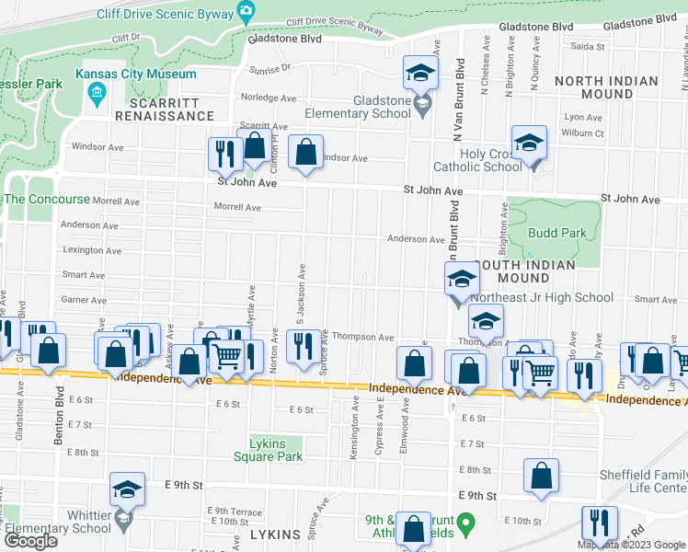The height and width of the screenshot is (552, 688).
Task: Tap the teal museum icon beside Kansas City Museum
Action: point(96,92)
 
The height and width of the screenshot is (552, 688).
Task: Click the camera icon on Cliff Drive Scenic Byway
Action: point(246,11)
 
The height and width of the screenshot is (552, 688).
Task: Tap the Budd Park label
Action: point(557,233)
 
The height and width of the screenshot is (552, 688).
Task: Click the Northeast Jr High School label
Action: point(542,297)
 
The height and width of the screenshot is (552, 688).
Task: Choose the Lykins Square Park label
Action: point(276,448)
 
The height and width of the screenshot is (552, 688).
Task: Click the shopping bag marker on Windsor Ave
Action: point(305,153)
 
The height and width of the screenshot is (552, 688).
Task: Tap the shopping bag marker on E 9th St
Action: point(542,476)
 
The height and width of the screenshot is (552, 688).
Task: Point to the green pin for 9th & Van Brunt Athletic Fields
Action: point(466,525)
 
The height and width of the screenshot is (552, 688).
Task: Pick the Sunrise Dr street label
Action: point(268,67)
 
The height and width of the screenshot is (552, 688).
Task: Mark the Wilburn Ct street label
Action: point(584,132)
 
